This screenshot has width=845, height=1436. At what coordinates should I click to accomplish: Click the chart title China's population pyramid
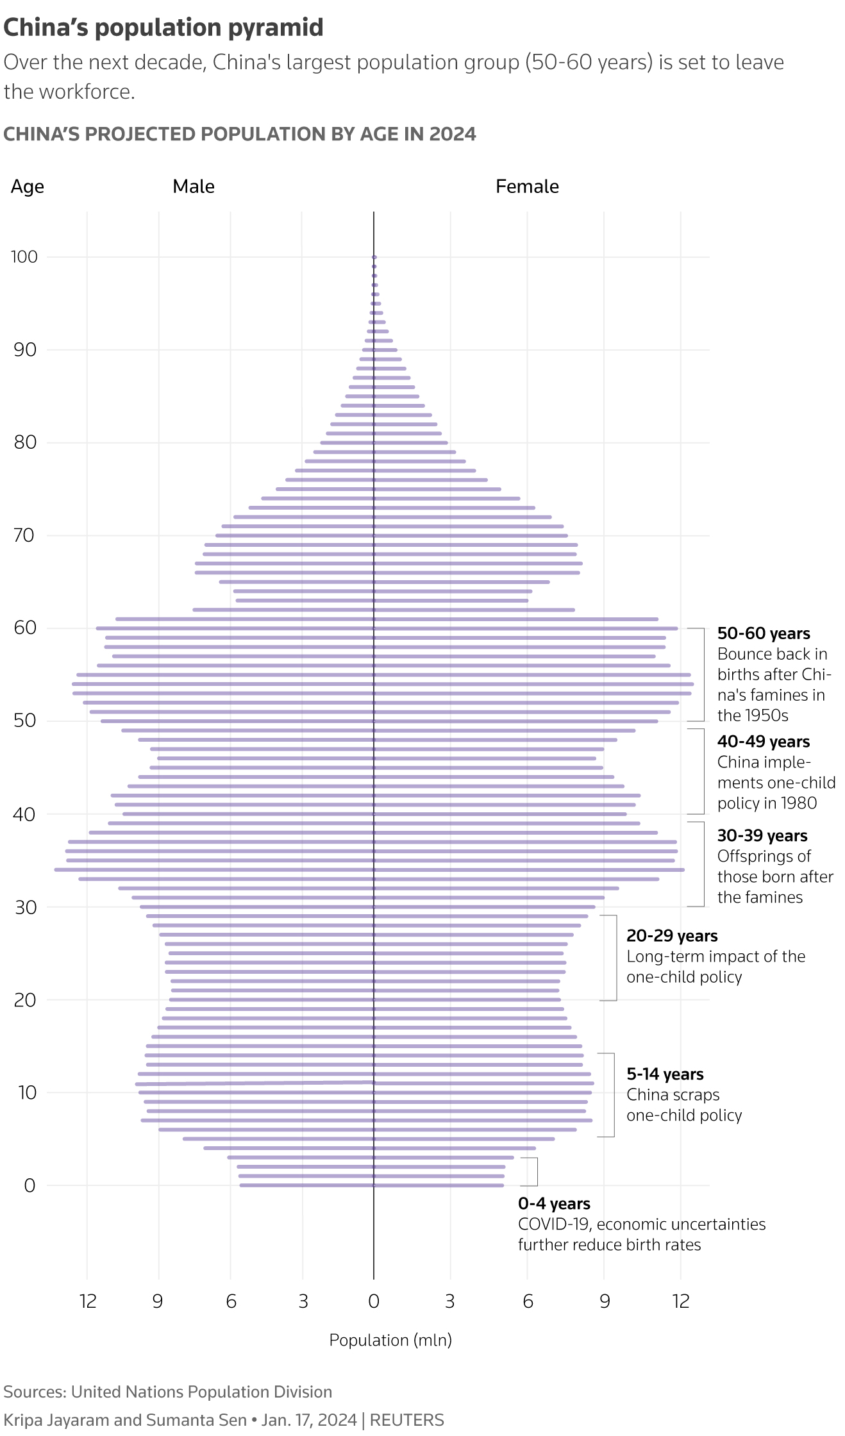click(163, 28)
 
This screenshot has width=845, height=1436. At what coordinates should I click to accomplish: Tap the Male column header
click(194, 187)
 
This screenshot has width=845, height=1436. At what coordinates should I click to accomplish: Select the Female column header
click(527, 187)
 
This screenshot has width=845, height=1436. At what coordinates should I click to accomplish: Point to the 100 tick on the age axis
click(24, 257)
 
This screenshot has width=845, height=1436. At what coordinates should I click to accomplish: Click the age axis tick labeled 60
click(26, 628)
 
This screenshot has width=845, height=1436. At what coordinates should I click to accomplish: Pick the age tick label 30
click(26, 907)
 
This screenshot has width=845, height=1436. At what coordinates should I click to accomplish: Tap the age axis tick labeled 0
click(29, 1185)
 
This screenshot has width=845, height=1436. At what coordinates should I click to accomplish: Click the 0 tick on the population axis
click(374, 1301)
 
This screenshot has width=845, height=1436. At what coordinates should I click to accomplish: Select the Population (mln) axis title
click(390, 1340)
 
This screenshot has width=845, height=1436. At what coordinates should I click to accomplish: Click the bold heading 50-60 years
click(764, 633)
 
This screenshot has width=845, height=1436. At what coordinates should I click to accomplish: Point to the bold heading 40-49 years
click(764, 742)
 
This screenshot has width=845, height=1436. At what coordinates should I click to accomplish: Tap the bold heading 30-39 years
click(762, 836)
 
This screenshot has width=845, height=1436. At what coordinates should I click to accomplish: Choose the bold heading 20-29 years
click(672, 936)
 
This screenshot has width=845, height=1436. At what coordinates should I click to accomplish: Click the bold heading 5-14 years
click(665, 1074)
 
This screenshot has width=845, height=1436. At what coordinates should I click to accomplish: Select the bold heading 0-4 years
click(554, 1204)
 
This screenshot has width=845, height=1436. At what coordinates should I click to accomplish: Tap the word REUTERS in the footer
click(406, 1420)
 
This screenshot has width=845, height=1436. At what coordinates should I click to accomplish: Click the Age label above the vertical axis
click(28, 187)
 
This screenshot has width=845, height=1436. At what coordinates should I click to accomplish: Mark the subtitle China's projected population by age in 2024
click(240, 134)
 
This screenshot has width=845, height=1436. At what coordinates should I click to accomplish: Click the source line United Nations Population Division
click(201, 1392)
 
